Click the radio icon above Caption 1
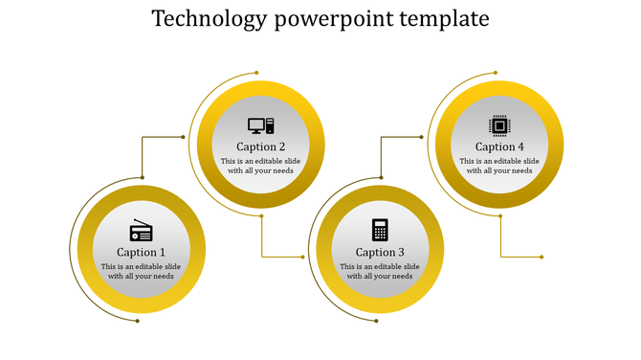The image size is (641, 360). pos(142,231)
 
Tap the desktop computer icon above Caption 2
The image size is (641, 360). pos(260,125)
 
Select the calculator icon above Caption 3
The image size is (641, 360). pos(380,230)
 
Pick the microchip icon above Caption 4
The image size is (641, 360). pos(499,124)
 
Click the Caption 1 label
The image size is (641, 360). pos(142,252)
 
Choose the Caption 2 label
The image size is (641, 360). pos(260,146)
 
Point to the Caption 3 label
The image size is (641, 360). pos(380,252)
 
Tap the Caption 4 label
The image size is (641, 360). pos(499,146)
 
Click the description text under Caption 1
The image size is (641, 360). pos(142,271)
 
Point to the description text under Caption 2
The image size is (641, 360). pos(260,166)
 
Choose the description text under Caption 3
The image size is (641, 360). pos(380,271)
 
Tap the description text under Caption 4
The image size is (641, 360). pos(499,166)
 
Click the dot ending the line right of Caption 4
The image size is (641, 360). pos(542,257)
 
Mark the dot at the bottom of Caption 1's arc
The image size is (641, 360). pos(138,322)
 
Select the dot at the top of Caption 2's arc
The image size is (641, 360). pos(256,73)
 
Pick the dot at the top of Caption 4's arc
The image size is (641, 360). pos(496,73)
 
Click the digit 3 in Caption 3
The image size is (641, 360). pos(402,252)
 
